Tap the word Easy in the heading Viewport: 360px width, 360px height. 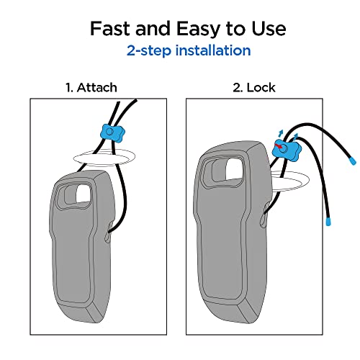[199, 29]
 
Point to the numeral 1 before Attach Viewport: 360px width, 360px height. [68, 88]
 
